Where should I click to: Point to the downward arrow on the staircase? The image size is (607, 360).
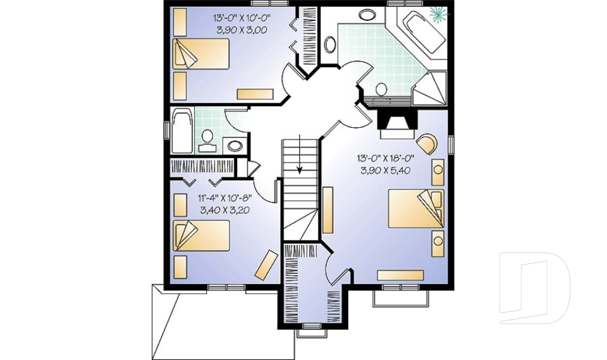300,166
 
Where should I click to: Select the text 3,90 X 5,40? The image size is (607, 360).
386,170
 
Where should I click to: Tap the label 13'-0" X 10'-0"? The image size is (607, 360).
242,18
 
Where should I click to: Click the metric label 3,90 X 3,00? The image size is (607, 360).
242,30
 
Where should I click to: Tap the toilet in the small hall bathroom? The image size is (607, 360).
207,141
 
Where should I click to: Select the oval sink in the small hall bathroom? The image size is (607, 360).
235,145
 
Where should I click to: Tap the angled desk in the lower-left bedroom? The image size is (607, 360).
266,264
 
